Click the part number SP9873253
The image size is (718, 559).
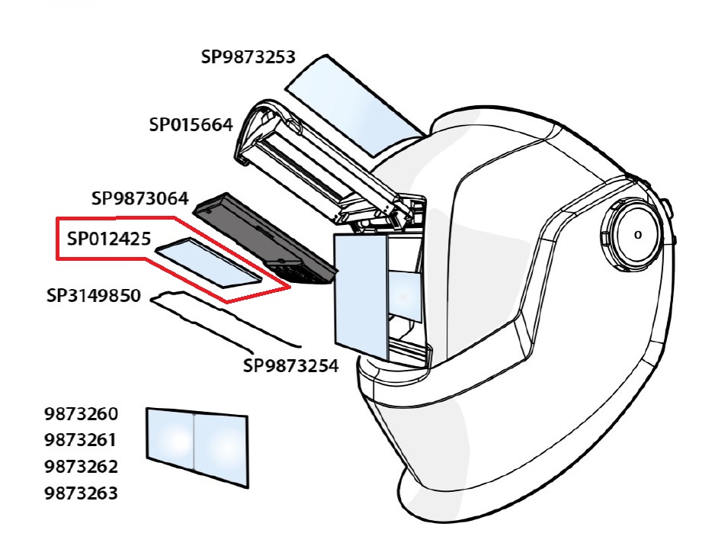(248, 57)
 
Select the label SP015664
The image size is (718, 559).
(191, 124)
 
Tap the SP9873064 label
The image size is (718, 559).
(139, 199)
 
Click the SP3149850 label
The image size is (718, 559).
(94, 295)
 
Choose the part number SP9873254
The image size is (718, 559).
(290, 366)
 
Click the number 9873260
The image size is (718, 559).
(82, 415)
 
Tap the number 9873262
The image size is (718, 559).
(82, 467)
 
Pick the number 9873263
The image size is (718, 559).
(82, 493)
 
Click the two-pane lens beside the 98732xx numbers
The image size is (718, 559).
(197, 445)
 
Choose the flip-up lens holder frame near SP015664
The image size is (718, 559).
(320, 164)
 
